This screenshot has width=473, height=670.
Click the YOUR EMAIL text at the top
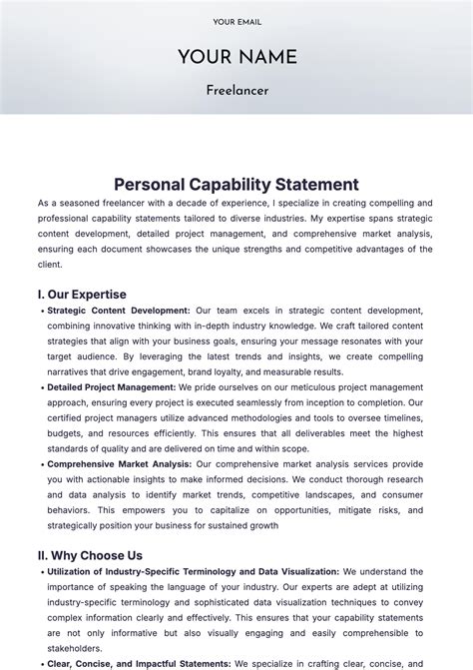point(236,22)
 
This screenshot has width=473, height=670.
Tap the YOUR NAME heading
point(236,58)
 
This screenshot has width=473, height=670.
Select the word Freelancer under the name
point(236,91)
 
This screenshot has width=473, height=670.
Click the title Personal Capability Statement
point(236,185)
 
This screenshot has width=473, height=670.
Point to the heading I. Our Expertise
point(82,295)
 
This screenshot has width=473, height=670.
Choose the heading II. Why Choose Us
point(90,555)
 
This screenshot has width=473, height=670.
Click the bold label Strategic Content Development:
point(119,311)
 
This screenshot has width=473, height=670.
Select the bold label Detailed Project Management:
point(111,387)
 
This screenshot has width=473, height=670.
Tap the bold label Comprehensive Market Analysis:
point(119,464)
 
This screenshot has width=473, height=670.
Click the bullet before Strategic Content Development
point(41,311)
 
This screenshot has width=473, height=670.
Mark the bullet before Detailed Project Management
point(41,387)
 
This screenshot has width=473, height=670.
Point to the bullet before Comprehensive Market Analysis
point(41,464)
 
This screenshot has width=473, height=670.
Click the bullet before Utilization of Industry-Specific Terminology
point(41,572)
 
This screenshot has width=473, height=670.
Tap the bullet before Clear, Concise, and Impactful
point(41,664)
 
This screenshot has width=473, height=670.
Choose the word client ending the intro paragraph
point(50,265)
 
